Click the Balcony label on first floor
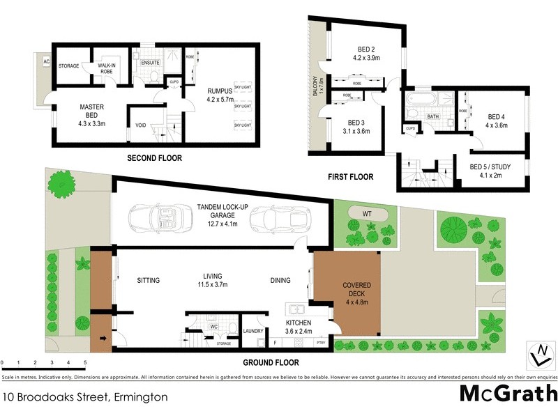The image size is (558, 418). pos(315,90)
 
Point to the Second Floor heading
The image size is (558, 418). pos(154,159)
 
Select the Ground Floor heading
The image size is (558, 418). pos(271,362)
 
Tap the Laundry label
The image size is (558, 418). pos(251,331)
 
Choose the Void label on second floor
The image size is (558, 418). pos(140,126)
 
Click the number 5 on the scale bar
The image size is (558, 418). pos(85,363)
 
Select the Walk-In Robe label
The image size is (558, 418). pos(107,68)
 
